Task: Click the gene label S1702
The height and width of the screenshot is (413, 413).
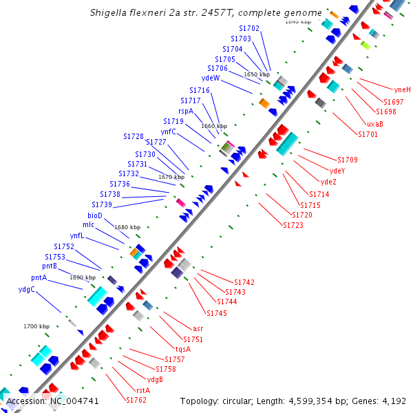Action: [249, 28]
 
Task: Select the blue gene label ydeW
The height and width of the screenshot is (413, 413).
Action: [211, 78]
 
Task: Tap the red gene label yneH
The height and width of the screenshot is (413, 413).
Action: [402, 89]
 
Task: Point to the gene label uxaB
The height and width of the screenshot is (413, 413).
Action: [375, 124]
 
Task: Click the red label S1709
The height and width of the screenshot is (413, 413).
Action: [348, 160]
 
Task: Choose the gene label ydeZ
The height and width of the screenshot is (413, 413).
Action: [329, 182]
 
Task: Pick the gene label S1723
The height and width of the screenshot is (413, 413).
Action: [293, 225]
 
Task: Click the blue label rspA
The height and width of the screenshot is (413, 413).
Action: [186, 111]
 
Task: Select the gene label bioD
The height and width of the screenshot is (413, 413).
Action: [95, 215]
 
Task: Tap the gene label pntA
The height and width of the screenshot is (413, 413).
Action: [39, 277]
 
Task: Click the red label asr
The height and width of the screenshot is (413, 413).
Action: [198, 328]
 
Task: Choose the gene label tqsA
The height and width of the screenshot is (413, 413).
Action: [182, 349]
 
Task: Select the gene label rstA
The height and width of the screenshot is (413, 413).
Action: [143, 390]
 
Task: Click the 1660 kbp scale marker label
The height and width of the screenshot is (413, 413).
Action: [213, 126]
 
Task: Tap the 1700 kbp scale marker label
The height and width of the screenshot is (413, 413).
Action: [36, 326]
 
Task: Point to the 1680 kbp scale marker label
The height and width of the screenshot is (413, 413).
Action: [127, 227]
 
